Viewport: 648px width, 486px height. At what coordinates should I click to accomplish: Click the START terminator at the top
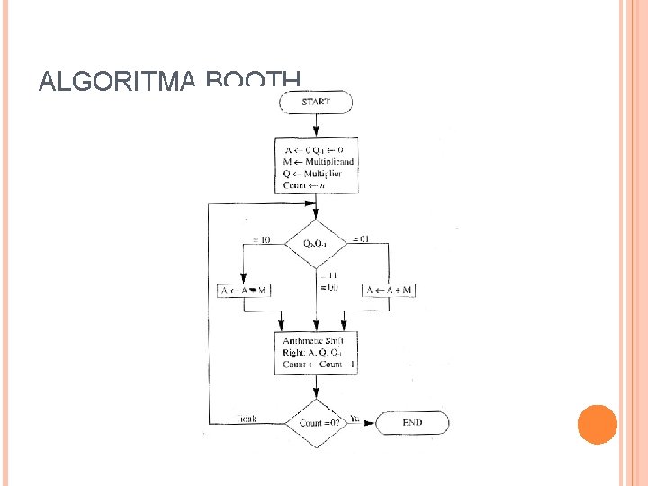click(316, 102)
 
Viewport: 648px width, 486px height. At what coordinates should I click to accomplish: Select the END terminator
click(412, 421)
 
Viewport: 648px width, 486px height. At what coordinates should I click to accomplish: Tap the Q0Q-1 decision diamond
click(316, 243)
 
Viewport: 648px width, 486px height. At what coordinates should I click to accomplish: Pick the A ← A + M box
click(389, 290)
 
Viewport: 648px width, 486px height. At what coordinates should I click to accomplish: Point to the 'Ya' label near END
click(355, 418)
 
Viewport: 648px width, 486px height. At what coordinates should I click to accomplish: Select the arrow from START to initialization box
click(316, 124)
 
